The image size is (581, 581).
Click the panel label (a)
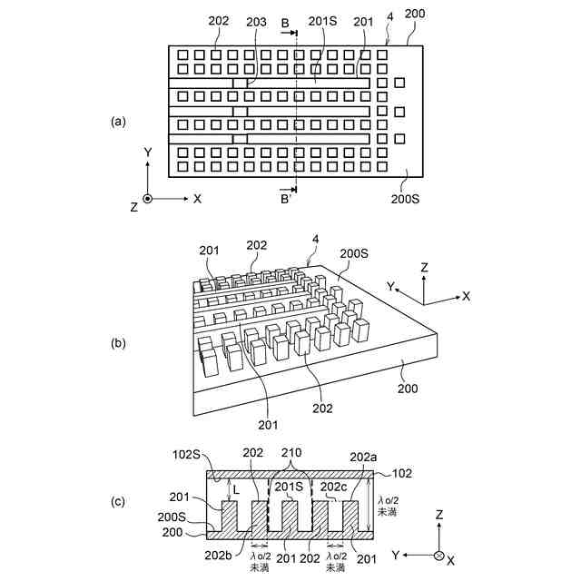click(x=117, y=121)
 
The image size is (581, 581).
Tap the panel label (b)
click(x=117, y=344)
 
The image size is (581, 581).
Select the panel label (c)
click(x=117, y=502)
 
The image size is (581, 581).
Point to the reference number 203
click(x=256, y=20)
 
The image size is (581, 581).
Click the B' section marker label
click(x=286, y=197)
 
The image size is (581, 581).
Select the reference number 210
click(x=291, y=451)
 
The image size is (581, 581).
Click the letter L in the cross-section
click(x=237, y=490)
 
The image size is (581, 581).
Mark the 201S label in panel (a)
click(x=324, y=20)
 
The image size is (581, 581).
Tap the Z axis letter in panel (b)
click(x=424, y=269)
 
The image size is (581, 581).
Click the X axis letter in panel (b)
click(x=467, y=297)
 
